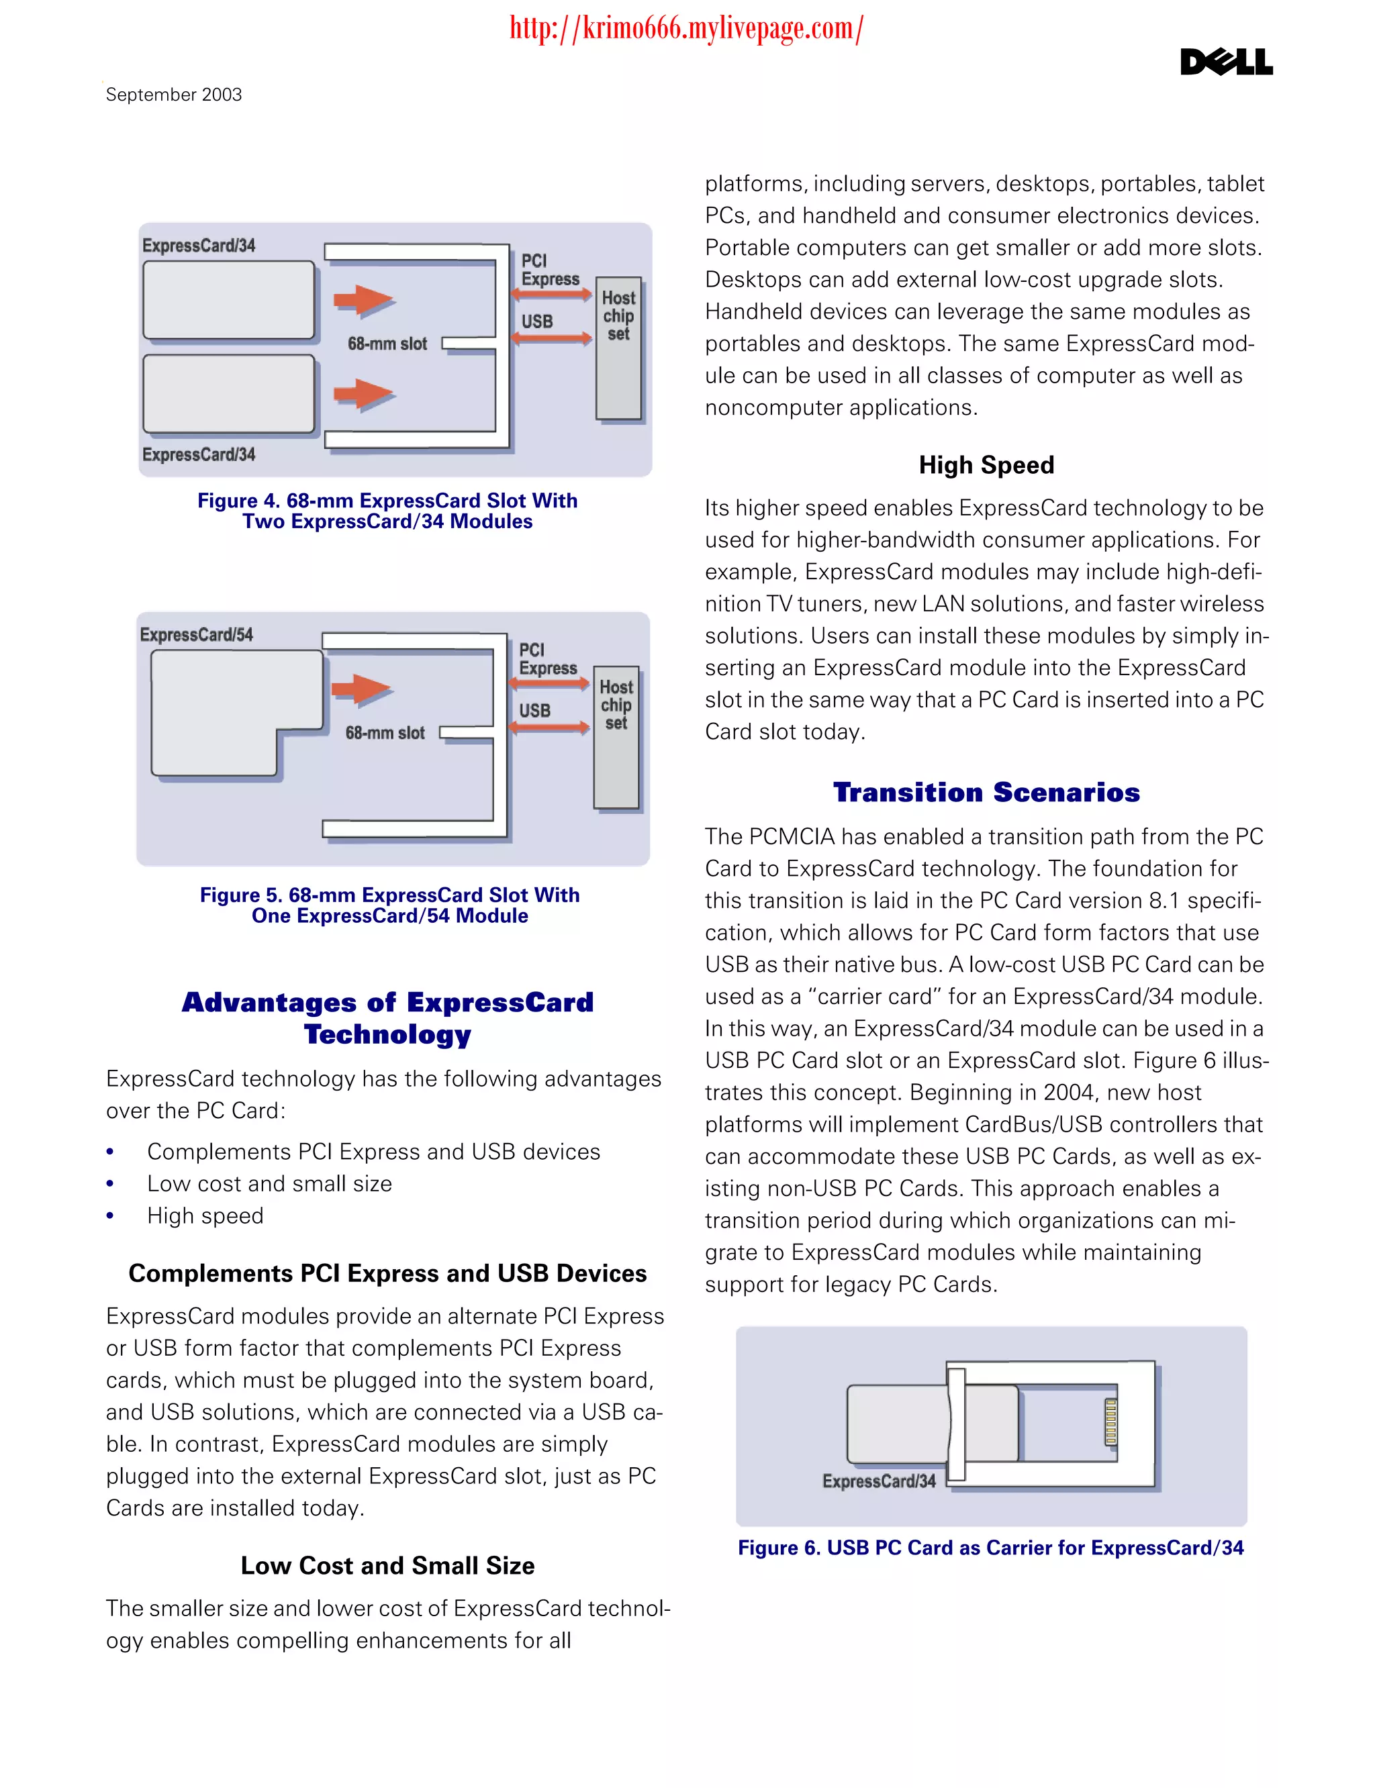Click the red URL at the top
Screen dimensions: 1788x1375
point(686,29)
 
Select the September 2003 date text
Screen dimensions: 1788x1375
point(173,95)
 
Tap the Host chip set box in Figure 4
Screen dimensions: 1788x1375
point(619,350)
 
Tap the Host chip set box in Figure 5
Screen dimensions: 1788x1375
point(616,738)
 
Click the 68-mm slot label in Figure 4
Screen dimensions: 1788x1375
point(387,344)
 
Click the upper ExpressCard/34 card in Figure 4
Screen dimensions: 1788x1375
point(228,299)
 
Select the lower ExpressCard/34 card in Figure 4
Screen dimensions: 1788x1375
point(228,393)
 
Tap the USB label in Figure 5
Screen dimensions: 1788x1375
point(534,710)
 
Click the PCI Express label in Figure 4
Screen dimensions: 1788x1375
point(549,270)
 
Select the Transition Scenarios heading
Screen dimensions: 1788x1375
point(986,792)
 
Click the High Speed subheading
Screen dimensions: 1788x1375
point(986,465)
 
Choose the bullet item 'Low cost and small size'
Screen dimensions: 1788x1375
point(269,1183)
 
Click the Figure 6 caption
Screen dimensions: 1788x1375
point(990,1548)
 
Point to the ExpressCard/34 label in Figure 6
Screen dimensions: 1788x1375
point(879,1481)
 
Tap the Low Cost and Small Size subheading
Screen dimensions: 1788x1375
point(387,1565)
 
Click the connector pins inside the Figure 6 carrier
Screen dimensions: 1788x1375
point(1110,1422)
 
